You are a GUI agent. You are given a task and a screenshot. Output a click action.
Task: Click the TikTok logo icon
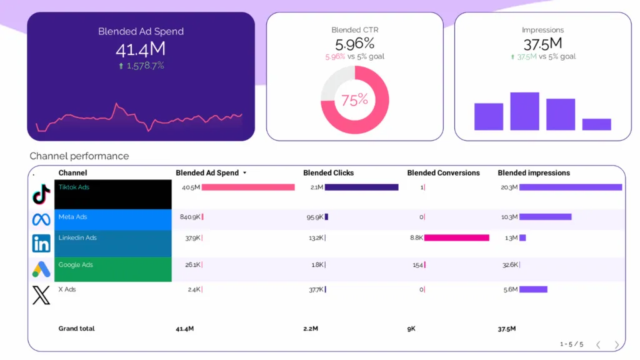point(41,194)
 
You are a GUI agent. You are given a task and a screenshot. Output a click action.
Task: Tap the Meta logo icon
point(41,219)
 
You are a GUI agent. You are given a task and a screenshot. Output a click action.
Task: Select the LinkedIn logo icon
point(41,243)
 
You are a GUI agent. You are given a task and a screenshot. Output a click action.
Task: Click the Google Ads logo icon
point(41,269)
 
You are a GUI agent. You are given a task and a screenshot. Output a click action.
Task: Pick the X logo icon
point(41,294)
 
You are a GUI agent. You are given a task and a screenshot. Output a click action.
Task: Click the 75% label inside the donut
point(354,100)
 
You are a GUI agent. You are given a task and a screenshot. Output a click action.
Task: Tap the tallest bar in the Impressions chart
point(524,111)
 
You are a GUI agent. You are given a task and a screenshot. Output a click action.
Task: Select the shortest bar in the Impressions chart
point(596,124)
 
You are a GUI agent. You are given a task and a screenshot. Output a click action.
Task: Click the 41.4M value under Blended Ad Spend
point(141,49)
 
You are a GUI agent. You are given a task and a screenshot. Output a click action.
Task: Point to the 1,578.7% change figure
point(144,66)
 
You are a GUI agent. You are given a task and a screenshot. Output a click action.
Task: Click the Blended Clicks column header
point(328,173)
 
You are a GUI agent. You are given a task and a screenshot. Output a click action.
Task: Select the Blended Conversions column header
point(443,173)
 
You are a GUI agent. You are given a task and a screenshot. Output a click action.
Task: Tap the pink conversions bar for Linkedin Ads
point(457,237)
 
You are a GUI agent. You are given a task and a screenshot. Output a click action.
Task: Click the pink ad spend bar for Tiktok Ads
point(248,187)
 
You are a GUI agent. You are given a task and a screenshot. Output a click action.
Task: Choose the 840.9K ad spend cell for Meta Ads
point(189,217)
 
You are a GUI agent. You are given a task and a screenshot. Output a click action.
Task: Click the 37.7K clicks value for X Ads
point(316,289)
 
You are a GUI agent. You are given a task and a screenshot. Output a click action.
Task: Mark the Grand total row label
point(76,329)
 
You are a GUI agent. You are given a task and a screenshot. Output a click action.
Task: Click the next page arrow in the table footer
point(617,345)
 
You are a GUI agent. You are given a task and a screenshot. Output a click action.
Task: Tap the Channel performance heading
point(79,156)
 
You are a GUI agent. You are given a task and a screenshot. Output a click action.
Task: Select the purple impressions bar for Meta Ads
point(545,217)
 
